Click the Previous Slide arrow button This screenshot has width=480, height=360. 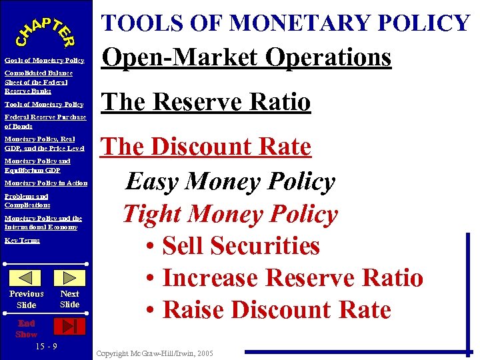pyautogui.click(x=26, y=278)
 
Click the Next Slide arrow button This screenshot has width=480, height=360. pyautogui.click(x=69, y=278)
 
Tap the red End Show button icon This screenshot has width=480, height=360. pyautogui.click(x=69, y=325)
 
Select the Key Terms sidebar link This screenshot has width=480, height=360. pyautogui.click(x=23, y=240)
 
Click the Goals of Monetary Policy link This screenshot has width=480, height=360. pyautogui.click(x=44, y=61)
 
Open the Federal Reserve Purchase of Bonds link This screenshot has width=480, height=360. pyautogui.click(x=45, y=121)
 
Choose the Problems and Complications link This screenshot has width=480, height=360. pyautogui.click(x=27, y=201)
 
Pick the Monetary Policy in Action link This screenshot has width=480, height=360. pyautogui.click(x=45, y=183)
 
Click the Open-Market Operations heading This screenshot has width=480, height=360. pyautogui.click(x=245, y=57)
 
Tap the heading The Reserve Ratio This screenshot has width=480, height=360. pyautogui.click(x=205, y=102)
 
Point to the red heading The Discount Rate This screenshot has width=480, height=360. pyautogui.click(x=205, y=147)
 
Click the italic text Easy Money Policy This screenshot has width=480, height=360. pyautogui.click(x=230, y=181)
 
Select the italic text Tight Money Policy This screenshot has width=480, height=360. pyautogui.click(x=230, y=214)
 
